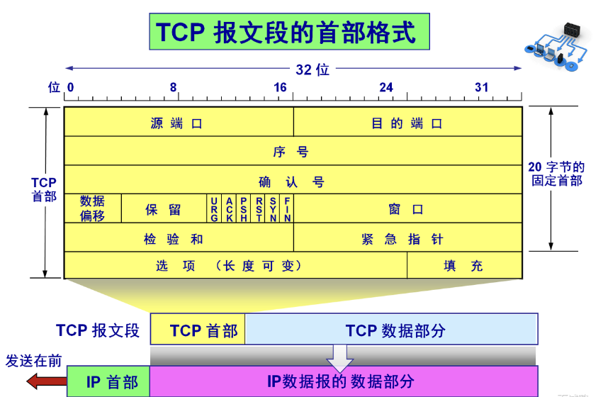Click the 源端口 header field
tap(178, 122)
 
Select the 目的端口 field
tap(407, 122)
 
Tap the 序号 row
tap(293, 151)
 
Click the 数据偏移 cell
tap(93, 208)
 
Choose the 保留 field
tap(164, 209)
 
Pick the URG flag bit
tap(214, 209)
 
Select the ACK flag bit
tap(230, 209)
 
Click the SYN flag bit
tap(273, 209)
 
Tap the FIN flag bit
tap(287, 209)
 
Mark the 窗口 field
tap(407, 209)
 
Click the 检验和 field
tap(178, 238)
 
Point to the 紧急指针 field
tap(407, 238)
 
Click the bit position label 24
tap(385, 88)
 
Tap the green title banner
tap(289, 32)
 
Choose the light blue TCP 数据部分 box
tap(391, 330)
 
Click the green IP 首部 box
tap(108, 381)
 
